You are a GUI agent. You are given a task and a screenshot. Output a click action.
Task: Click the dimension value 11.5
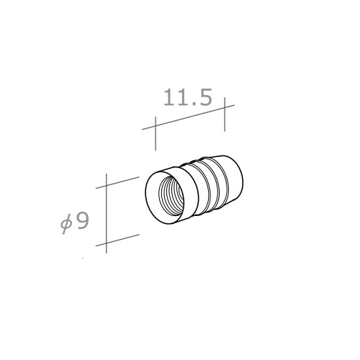point(188,97)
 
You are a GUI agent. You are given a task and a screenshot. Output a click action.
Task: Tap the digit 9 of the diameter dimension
point(81,221)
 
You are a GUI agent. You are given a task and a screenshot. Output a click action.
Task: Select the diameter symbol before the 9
point(66,224)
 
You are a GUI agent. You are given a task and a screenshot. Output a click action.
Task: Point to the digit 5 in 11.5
point(204,97)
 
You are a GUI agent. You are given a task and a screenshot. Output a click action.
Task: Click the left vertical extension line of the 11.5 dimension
point(156,134)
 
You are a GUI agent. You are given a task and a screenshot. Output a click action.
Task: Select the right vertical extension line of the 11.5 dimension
point(225,114)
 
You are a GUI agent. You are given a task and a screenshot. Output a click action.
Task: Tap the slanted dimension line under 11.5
point(188,117)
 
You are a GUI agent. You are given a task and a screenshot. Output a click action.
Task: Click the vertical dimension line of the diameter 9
point(106,213)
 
